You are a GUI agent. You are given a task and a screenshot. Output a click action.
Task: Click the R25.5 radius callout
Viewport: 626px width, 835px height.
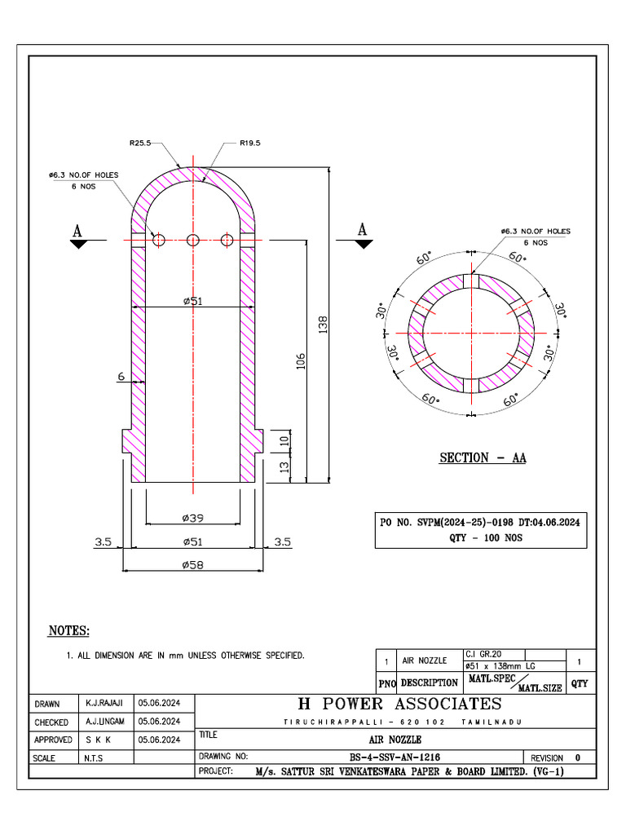(x=140, y=143)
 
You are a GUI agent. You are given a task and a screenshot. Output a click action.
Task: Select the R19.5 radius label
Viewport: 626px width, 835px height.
(x=249, y=143)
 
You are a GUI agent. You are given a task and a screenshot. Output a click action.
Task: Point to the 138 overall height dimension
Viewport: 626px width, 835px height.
(x=323, y=325)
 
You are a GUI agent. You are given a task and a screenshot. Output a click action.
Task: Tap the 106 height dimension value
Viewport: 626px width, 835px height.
(x=300, y=362)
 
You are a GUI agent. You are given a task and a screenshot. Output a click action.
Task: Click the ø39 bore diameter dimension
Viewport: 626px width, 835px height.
(x=192, y=517)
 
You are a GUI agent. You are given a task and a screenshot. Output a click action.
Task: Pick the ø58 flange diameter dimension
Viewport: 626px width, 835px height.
(x=192, y=564)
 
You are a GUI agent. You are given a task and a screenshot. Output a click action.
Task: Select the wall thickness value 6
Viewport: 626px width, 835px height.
(x=121, y=377)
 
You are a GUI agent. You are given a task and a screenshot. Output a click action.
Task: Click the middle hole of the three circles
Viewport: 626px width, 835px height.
(x=193, y=240)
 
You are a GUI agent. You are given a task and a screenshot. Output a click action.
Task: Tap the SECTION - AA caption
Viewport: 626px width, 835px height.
(x=483, y=457)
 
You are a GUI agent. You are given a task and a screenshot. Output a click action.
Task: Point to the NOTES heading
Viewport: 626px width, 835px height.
(x=69, y=631)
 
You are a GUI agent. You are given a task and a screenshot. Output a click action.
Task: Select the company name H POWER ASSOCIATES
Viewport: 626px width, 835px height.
(x=399, y=704)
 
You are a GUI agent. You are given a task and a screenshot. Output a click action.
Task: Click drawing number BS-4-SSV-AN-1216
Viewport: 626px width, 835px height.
(x=395, y=758)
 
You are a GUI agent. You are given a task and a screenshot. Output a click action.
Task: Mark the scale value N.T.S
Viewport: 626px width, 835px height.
(x=95, y=758)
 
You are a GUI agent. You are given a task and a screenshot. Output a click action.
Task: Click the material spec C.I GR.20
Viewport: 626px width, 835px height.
(x=484, y=654)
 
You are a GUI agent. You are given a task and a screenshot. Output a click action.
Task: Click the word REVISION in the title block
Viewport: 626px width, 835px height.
(x=546, y=758)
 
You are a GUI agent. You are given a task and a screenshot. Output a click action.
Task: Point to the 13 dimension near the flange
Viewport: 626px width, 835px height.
(x=284, y=468)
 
